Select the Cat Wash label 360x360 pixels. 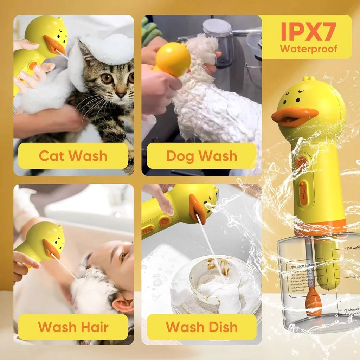click(x=73, y=156)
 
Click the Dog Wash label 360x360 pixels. click(x=201, y=156)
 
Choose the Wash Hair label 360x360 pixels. click(x=73, y=327)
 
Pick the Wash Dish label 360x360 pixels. click(x=201, y=327)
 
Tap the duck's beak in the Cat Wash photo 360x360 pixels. click(x=54, y=45)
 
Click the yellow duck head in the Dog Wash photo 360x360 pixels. click(x=173, y=59)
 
